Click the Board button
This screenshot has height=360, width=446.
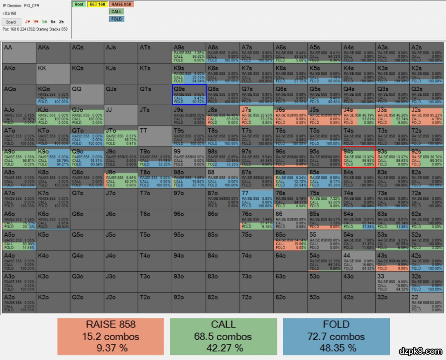11,22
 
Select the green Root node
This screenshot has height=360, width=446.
79,5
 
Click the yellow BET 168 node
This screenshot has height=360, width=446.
97,5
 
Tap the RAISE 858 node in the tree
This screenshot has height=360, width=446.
121,5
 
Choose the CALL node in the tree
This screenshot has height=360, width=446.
116,12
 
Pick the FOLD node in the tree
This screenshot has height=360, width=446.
116,19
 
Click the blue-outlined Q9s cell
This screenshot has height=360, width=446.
189,94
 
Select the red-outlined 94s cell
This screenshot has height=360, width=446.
358,157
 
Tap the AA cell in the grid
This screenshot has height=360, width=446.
19,52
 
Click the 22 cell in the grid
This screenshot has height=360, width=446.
426,303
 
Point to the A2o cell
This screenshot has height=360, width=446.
19,303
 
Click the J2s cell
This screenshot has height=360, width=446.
426,115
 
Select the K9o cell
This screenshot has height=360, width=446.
53,157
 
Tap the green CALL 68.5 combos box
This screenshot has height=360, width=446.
223,336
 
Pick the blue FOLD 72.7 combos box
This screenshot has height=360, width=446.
336,336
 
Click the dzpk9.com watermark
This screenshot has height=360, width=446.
420,351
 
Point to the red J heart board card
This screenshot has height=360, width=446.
28,21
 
